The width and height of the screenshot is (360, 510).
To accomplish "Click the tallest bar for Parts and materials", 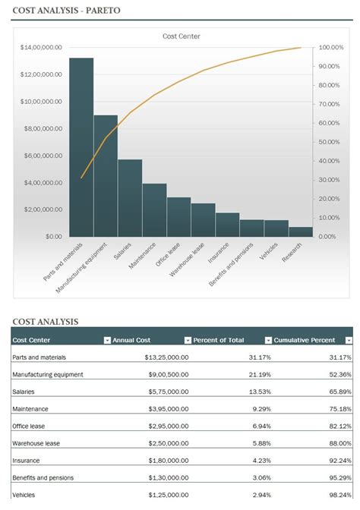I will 81,146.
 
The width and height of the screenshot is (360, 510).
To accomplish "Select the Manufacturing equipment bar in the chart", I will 106,175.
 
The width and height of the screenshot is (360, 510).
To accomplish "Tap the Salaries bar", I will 130,197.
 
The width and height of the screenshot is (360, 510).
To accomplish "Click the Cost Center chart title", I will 182,36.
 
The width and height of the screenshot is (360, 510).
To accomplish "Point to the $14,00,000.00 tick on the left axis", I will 41,47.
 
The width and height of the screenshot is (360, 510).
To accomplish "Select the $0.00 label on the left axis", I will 52,236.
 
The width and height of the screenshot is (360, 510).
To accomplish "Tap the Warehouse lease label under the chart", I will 188,259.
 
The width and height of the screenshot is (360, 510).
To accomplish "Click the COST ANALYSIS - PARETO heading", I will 66,11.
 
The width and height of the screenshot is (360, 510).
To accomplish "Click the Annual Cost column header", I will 133,340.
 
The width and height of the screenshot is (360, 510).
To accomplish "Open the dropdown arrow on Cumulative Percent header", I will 349,340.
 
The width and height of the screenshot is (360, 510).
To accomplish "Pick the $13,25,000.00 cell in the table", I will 163,357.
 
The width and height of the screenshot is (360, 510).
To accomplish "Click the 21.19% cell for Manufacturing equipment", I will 259,374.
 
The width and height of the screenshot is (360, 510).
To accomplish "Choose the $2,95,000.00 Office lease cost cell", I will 164,426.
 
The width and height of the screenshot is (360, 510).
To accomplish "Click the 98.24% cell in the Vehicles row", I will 339,495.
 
